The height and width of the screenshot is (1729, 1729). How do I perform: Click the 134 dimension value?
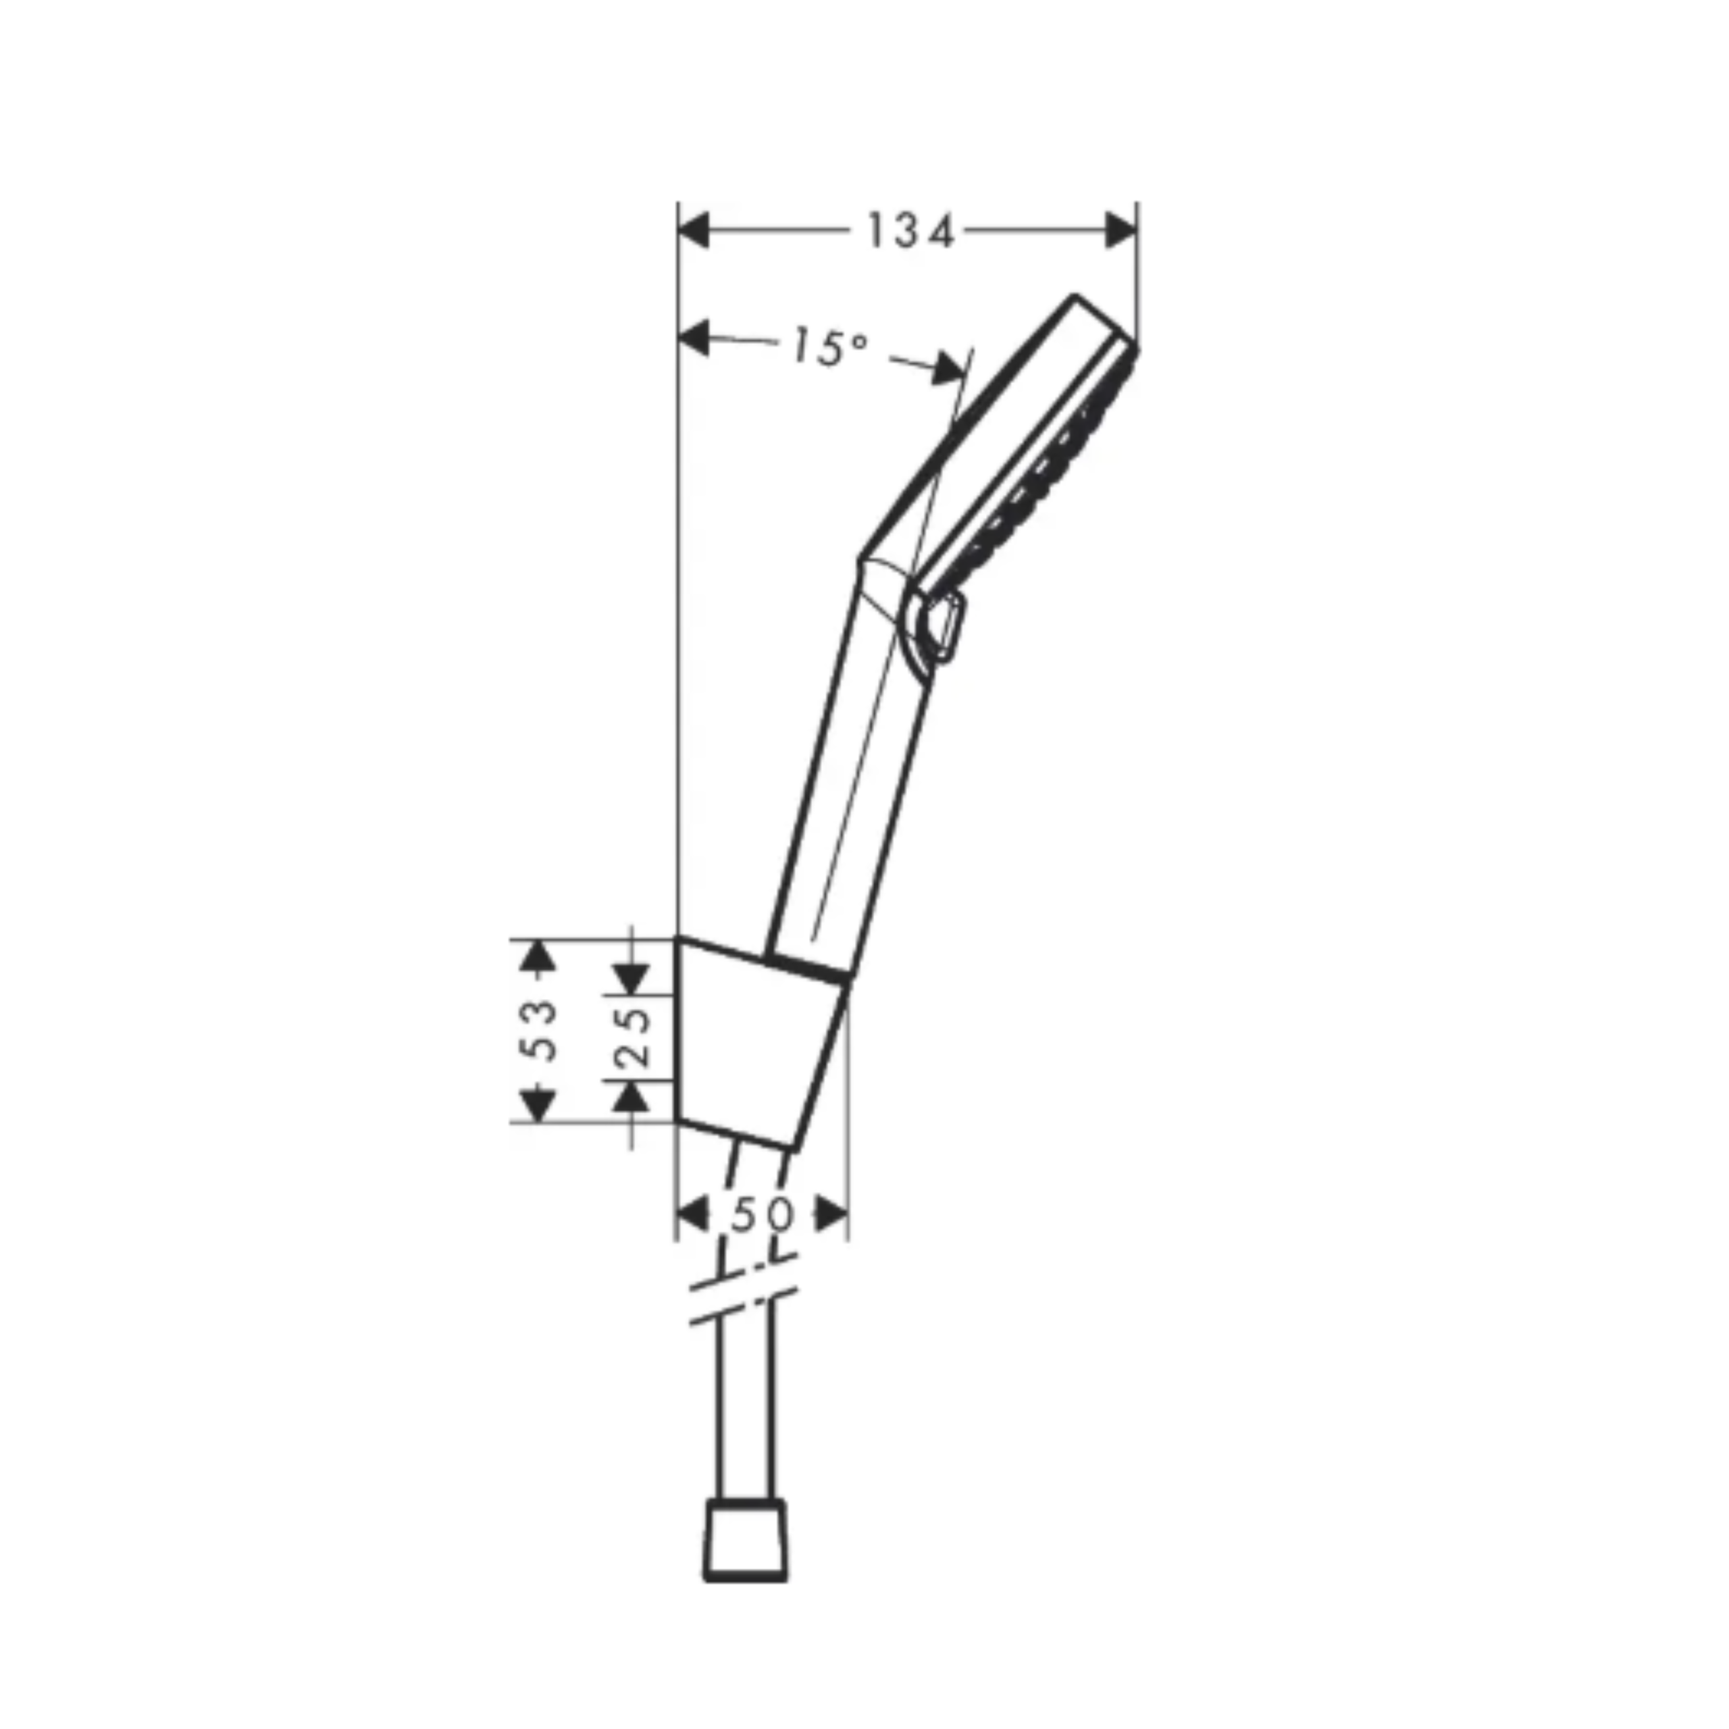point(910,232)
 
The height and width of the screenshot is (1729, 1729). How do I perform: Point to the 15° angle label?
point(829,347)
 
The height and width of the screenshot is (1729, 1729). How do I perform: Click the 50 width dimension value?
point(763,1215)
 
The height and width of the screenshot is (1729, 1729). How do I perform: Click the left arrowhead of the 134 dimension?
point(694,230)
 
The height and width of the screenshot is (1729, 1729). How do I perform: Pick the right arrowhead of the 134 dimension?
point(1120,230)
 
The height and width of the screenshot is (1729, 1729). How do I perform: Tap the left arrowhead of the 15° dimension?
point(694,339)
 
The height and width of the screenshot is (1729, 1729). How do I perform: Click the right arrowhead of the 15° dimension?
point(949,368)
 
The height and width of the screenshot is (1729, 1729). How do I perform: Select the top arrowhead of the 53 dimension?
point(537,956)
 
